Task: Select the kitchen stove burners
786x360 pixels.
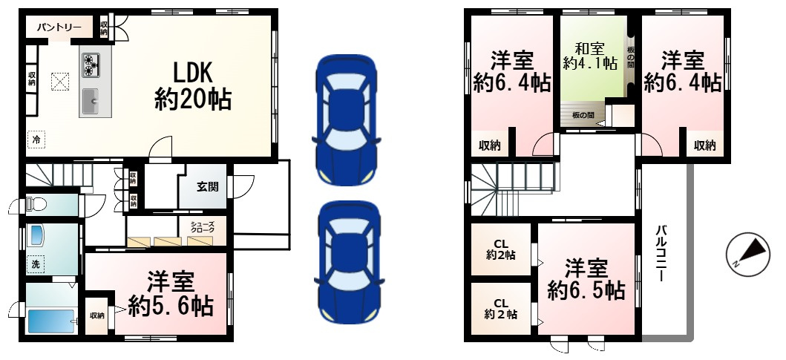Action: coord(91,65)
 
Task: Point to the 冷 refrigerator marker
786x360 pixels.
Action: coord(36,138)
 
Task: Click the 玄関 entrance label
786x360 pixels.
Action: coord(207,186)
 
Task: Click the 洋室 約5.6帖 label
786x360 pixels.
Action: coord(171,294)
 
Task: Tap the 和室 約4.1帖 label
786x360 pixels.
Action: coord(590,56)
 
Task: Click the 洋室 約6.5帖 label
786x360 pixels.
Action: coord(586,279)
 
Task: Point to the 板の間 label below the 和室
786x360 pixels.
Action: coord(583,115)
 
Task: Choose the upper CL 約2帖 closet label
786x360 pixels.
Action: coord(501,249)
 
